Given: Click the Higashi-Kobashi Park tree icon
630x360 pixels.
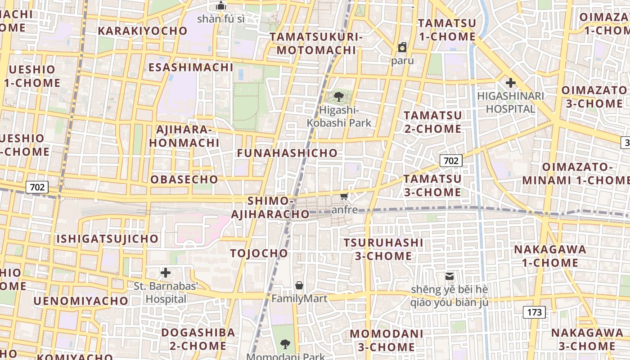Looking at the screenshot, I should pos(339,96).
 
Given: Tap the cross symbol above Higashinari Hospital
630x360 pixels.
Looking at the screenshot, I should pos(510,83).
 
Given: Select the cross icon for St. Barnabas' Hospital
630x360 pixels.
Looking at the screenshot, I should pos(166,273).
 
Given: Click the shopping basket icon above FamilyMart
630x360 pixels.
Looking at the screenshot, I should pos(299,285).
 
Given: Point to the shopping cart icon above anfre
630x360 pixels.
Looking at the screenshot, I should pos(344,197).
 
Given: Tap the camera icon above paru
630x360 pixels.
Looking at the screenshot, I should pos(402,47).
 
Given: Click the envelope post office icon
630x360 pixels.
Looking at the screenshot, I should pos(449,276).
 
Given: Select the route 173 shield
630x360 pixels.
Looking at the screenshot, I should pos(535,312).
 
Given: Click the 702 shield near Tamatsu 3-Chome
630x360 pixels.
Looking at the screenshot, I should pos(450,161).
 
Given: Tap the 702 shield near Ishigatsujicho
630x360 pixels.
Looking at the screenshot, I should pos(37,187).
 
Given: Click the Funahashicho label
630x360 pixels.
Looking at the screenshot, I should pos(287,153).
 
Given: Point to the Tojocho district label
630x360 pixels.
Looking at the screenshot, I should pos(259,253).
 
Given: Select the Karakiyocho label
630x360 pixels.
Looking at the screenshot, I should pos(142,31).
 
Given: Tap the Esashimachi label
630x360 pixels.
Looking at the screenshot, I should pos(191,67).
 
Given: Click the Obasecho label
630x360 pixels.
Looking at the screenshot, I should pos(184,179).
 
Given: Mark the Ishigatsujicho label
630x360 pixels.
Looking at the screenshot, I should pos(107,238).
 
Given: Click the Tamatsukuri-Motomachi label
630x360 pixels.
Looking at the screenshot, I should pos(316,43).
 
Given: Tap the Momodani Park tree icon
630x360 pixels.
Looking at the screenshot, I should pos(285,344).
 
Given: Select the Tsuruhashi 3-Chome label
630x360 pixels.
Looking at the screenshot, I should pos(383,249).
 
